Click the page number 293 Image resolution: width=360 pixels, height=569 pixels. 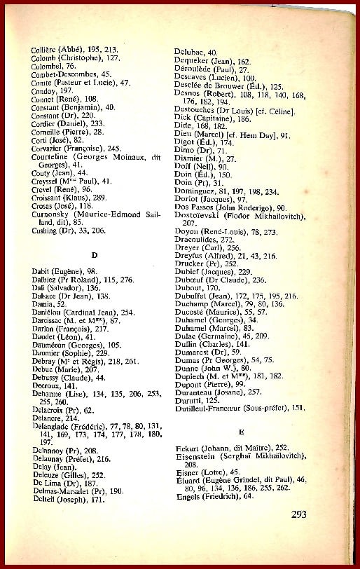[x=299, y=514]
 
